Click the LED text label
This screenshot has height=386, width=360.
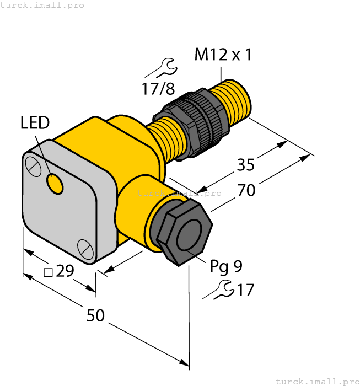[x=35, y=123]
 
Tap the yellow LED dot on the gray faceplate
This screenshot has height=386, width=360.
[x=55, y=184]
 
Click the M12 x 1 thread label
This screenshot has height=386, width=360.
[x=223, y=55]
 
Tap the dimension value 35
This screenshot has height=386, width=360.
[x=246, y=164]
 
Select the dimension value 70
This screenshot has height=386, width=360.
[x=246, y=190]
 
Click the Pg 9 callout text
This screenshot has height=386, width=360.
[x=225, y=266]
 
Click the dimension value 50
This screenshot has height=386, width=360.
[x=96, y=315]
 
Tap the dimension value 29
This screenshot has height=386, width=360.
[x=65, y=271]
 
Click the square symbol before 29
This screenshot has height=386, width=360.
[x=48, y=272]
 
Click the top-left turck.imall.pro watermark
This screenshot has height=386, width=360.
[x=42, y=5]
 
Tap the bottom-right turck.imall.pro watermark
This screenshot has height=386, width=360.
[x=316, y=381]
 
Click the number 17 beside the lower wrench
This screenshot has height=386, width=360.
[x=245, y=289]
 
